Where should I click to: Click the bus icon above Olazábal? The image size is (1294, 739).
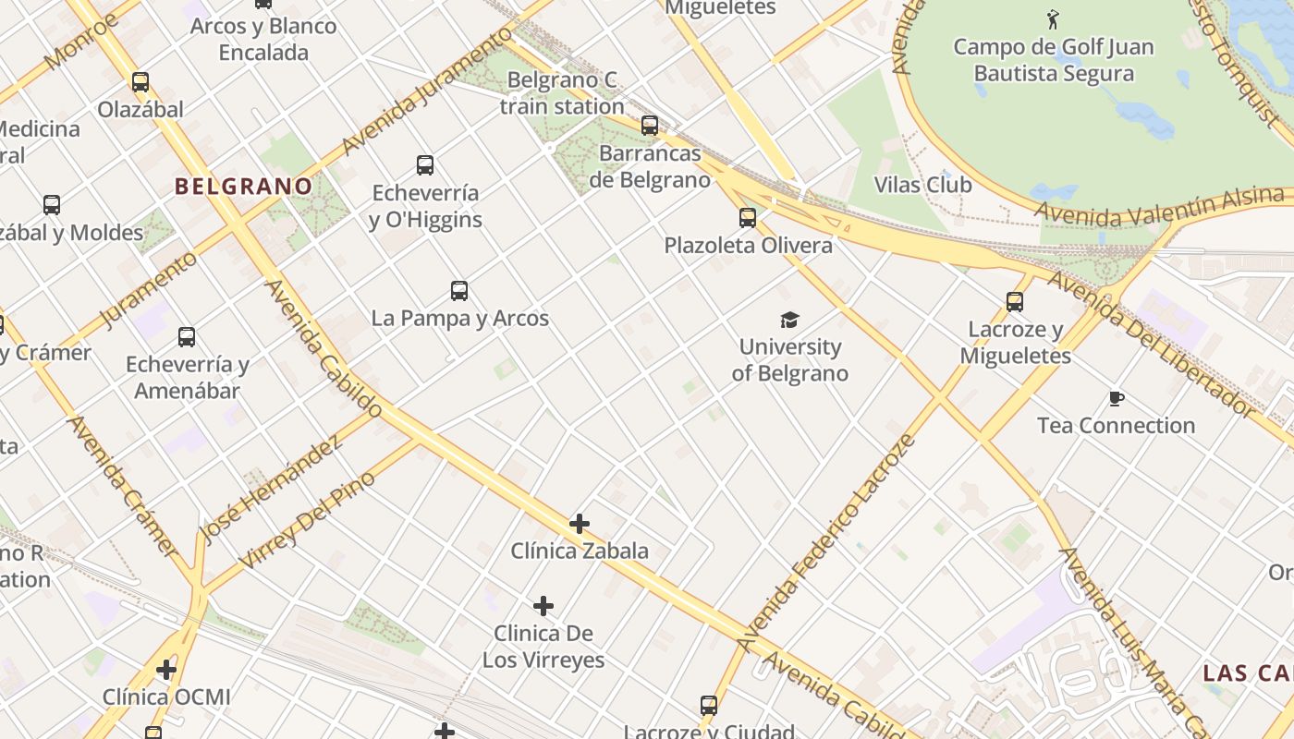[x=140, y=82]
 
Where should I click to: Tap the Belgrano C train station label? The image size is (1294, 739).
[x=562, y=93]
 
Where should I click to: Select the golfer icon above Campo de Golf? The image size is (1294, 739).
[x=1053, y=19]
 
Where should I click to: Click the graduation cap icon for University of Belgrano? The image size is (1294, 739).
[x=789, y=321]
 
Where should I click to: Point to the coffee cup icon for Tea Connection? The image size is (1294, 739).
[x=1116, y=399]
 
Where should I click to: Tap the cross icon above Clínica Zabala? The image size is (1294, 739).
[x=580, y=525]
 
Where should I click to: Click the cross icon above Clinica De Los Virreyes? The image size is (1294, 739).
[x=543, y=607]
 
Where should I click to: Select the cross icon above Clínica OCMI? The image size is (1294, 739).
[x=166, y=670]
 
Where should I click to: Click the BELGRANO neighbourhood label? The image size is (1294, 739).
[x=244, y=186]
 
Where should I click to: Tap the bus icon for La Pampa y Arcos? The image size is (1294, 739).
[x=459, y=292]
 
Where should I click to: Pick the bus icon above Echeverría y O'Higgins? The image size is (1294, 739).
[x=425, y=166]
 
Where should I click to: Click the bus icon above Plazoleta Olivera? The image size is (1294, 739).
[x=748, y=219]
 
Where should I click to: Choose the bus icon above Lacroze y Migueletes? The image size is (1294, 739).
[x=1015, y=302]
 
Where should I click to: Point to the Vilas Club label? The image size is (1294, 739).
[x=922, y=185]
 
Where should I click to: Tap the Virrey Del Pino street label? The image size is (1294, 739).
[x=307, y=519]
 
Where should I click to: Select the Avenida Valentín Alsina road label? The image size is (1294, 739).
[x=1160, y=208]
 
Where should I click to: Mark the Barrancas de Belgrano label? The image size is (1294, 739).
[x=650, y=166]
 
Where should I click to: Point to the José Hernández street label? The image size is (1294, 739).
[x=269, y=489]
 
